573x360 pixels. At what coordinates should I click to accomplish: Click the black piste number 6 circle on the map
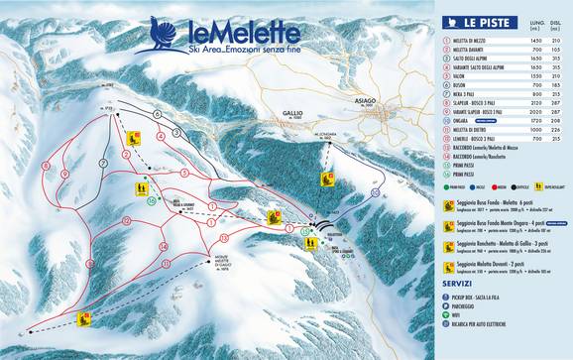click(x=156, y=114)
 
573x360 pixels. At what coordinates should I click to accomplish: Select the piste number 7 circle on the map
click(x=103, y=162)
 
